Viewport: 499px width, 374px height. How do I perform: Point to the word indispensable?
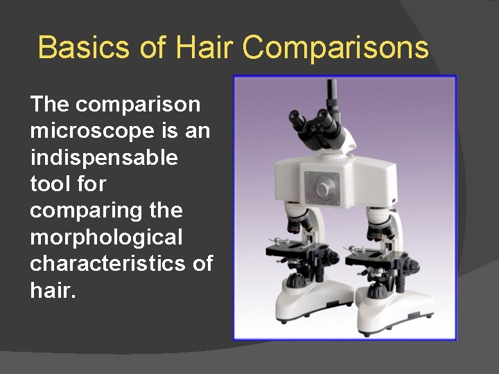[104, 158]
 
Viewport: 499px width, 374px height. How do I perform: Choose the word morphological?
[106, 238]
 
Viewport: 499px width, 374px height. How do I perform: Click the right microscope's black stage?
[378, 256]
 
